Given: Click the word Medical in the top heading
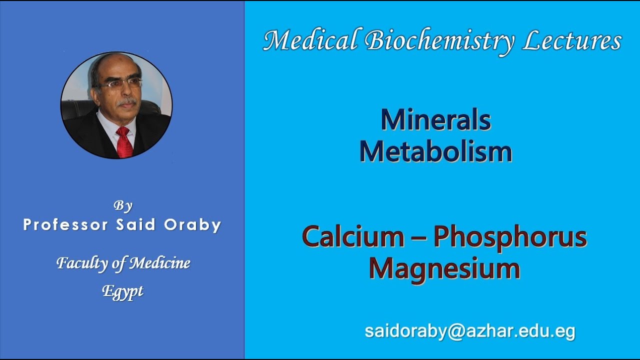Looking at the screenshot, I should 311,40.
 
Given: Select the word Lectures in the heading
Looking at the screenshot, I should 572,40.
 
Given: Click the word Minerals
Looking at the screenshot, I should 435,120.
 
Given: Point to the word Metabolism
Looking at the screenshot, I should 435,151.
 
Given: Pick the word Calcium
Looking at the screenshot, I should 353,237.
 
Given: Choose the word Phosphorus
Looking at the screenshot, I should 510,238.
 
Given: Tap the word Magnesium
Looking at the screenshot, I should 444,268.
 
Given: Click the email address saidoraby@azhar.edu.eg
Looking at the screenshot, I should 470,331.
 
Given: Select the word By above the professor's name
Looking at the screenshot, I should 122,205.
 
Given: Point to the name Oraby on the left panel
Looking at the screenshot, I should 192,225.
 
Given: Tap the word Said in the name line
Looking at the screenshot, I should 136,225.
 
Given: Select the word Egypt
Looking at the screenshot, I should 122,291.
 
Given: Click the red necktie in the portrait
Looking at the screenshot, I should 124,142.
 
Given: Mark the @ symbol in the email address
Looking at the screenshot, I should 454,331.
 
